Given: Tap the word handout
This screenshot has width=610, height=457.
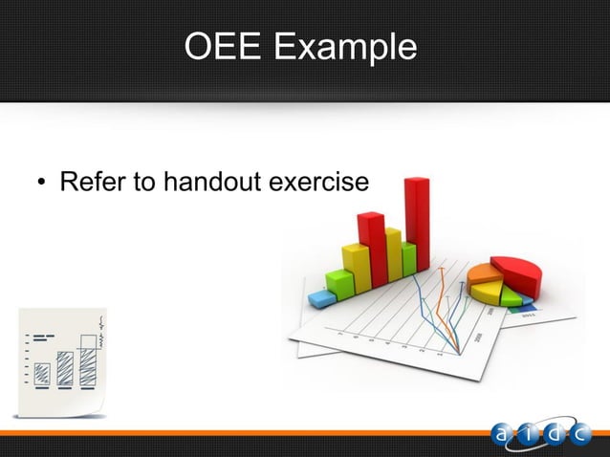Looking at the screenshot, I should (x=207, y=181).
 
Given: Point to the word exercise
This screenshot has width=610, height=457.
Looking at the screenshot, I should (x=320, y=181).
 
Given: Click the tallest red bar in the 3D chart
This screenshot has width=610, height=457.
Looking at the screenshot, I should (x=417, y=225).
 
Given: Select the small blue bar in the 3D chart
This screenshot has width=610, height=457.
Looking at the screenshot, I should (x=323, y=298).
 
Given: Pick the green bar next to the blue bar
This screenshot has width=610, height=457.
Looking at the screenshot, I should (x=337, y=283).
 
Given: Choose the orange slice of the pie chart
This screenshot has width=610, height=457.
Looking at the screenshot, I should (x=483, y=275).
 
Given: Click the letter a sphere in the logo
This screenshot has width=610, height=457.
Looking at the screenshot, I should (x=505, y=435).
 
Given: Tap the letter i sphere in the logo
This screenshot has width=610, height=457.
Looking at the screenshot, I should (x=531, y=435).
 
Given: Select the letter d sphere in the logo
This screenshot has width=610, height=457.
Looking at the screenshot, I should (x=556, y=435).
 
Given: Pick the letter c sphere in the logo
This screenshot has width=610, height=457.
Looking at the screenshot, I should (x=582, y=435).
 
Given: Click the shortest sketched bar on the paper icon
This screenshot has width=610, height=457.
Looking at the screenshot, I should (x=42, y=373).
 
